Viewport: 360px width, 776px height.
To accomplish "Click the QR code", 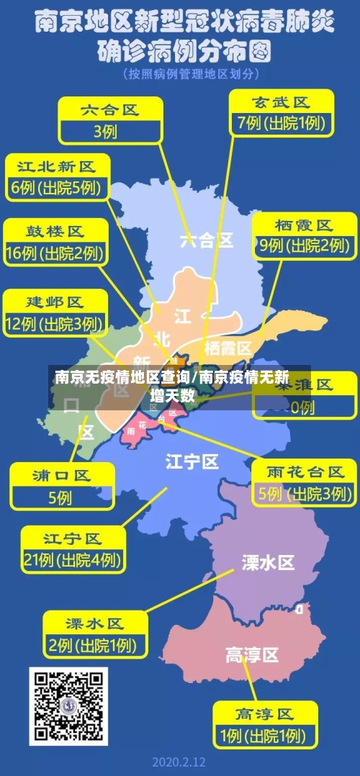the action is click(x=68, y=705).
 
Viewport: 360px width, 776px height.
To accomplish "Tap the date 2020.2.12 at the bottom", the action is click(x=180, y=762).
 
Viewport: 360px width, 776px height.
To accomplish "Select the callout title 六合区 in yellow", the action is click(x=109, y=110).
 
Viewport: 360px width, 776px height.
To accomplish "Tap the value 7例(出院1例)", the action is click(x=280, y=123).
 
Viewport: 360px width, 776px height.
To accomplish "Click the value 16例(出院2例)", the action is click(x=55, y=253).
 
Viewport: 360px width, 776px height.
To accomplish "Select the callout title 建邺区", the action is click(x=55, y=302).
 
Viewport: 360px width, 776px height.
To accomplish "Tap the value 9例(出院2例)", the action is click(x=305, y=245).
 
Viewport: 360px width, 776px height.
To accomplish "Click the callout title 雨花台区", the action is click(x=306, y=472).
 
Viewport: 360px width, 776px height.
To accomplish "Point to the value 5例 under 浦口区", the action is click(x=60, y=497).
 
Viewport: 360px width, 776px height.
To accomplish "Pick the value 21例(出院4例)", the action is click(x=72, y=559).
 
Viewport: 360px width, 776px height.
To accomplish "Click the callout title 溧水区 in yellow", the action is click(x=94, y=623).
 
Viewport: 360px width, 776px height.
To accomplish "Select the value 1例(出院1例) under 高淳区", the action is click(x=264, y=737).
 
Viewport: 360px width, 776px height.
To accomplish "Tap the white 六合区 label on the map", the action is click(x=207, y=240).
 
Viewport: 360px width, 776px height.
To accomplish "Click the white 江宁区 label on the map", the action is click(x=192, y=461).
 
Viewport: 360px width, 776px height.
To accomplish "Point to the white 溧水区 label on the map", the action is click(x=268, y=562).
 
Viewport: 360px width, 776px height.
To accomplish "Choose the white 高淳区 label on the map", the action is click(x=252, y=655).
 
